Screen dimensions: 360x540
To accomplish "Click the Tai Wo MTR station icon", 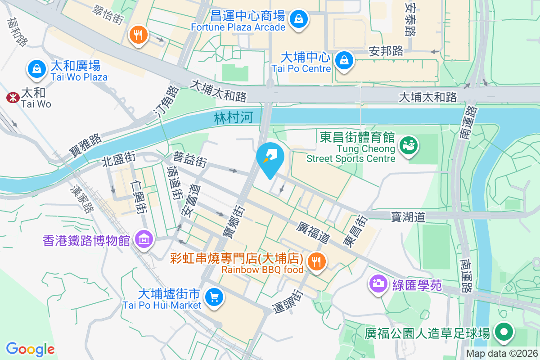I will coord(12,98).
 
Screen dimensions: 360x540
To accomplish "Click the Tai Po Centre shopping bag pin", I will coord(344,59).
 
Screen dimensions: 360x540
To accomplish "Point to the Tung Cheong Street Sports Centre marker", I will coord(410,146).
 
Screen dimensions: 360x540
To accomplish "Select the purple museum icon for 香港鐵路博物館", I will coord(144,239).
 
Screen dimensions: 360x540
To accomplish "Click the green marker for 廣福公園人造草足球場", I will coord(504,333).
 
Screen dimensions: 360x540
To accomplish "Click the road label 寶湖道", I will coord(408,217).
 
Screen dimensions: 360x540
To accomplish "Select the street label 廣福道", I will coord(314,232).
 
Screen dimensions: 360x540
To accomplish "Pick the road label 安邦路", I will coord(386,51).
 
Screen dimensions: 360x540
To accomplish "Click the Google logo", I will coord(30,349).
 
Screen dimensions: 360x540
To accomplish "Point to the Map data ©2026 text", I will coord(502,354).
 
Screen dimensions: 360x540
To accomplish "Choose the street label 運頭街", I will coord(288,302).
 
